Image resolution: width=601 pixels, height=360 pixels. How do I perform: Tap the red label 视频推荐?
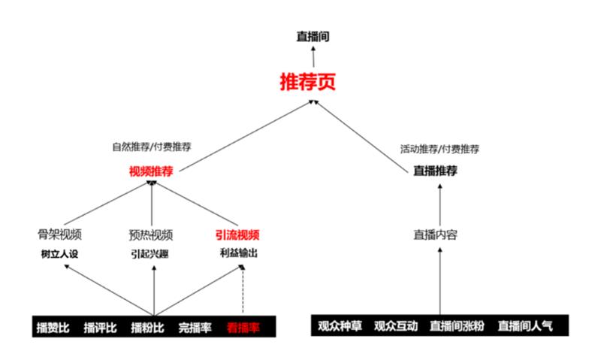[x=151, y=171]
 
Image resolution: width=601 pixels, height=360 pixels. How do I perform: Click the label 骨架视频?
[x=60, y=234]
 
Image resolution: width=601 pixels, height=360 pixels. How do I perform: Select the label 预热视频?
[x=151, y=234]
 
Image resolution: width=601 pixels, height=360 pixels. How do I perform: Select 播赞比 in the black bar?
[x=53, y=327]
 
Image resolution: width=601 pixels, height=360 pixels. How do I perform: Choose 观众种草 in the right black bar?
[x=340, y=325]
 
